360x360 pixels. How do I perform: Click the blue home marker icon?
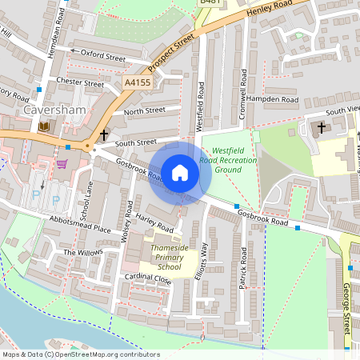coord(180,173)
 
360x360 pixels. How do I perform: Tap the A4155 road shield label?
coord(138,82)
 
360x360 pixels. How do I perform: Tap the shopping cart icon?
coord(62,164)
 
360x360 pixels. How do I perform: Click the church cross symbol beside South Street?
coord(104,135)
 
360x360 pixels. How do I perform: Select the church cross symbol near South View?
coord(322,127)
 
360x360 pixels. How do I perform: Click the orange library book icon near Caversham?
coord(43,126)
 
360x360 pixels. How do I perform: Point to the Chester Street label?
coord(81,83)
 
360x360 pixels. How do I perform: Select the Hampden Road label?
coord(272,100)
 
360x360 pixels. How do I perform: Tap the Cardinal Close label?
coord(147,278)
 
